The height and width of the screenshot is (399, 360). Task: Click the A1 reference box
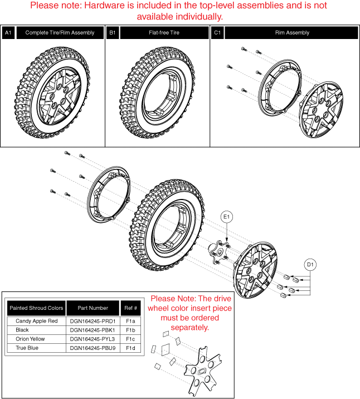(x=8, y=33)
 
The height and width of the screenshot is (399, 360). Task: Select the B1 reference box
(x=113, y=33)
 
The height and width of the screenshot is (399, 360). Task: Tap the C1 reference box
(x=217, y=33)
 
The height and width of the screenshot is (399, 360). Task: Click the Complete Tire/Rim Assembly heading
(x=60, y=33)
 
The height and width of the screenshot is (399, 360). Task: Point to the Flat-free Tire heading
(x=164, y=33)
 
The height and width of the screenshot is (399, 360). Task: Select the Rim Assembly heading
(x=293, y=33)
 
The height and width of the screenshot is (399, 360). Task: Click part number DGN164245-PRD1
(x=93, y=321)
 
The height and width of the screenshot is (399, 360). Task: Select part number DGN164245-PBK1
(x=93, y=330)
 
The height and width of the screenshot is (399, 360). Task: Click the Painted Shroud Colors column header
(x=36, y=308)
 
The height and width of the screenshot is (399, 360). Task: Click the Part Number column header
(x=93, y=308)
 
